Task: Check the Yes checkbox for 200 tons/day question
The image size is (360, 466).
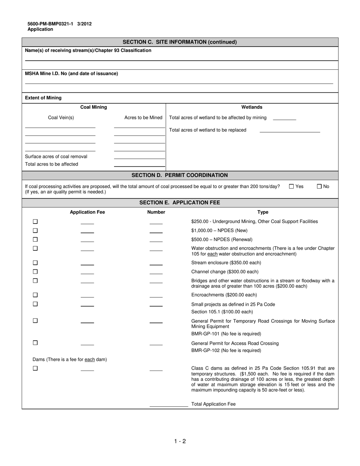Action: click(291, 186)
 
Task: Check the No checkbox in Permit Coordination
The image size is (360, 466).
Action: click(319, 186)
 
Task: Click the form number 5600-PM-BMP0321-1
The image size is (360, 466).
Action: click(50, 24)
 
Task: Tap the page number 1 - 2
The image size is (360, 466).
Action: click(180, 441)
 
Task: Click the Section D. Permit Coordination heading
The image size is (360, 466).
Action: click(180, 175)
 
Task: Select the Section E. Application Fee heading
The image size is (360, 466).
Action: click(180, 203)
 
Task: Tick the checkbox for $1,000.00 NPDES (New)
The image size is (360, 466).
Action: click(35, 230)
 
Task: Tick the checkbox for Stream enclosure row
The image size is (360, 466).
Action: click(35, 263)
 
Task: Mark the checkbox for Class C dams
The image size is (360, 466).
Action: click(35, 368)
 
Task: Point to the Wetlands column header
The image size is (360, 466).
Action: click(252, 107)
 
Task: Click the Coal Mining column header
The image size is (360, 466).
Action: click(94, 107)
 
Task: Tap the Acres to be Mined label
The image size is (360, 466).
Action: click(143, 118)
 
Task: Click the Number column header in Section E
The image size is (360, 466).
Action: click(156, 212)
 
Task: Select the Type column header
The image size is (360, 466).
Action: click(263, 212)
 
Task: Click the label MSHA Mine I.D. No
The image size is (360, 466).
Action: click(71, 73)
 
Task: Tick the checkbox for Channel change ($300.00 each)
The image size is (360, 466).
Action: click(35, 272)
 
